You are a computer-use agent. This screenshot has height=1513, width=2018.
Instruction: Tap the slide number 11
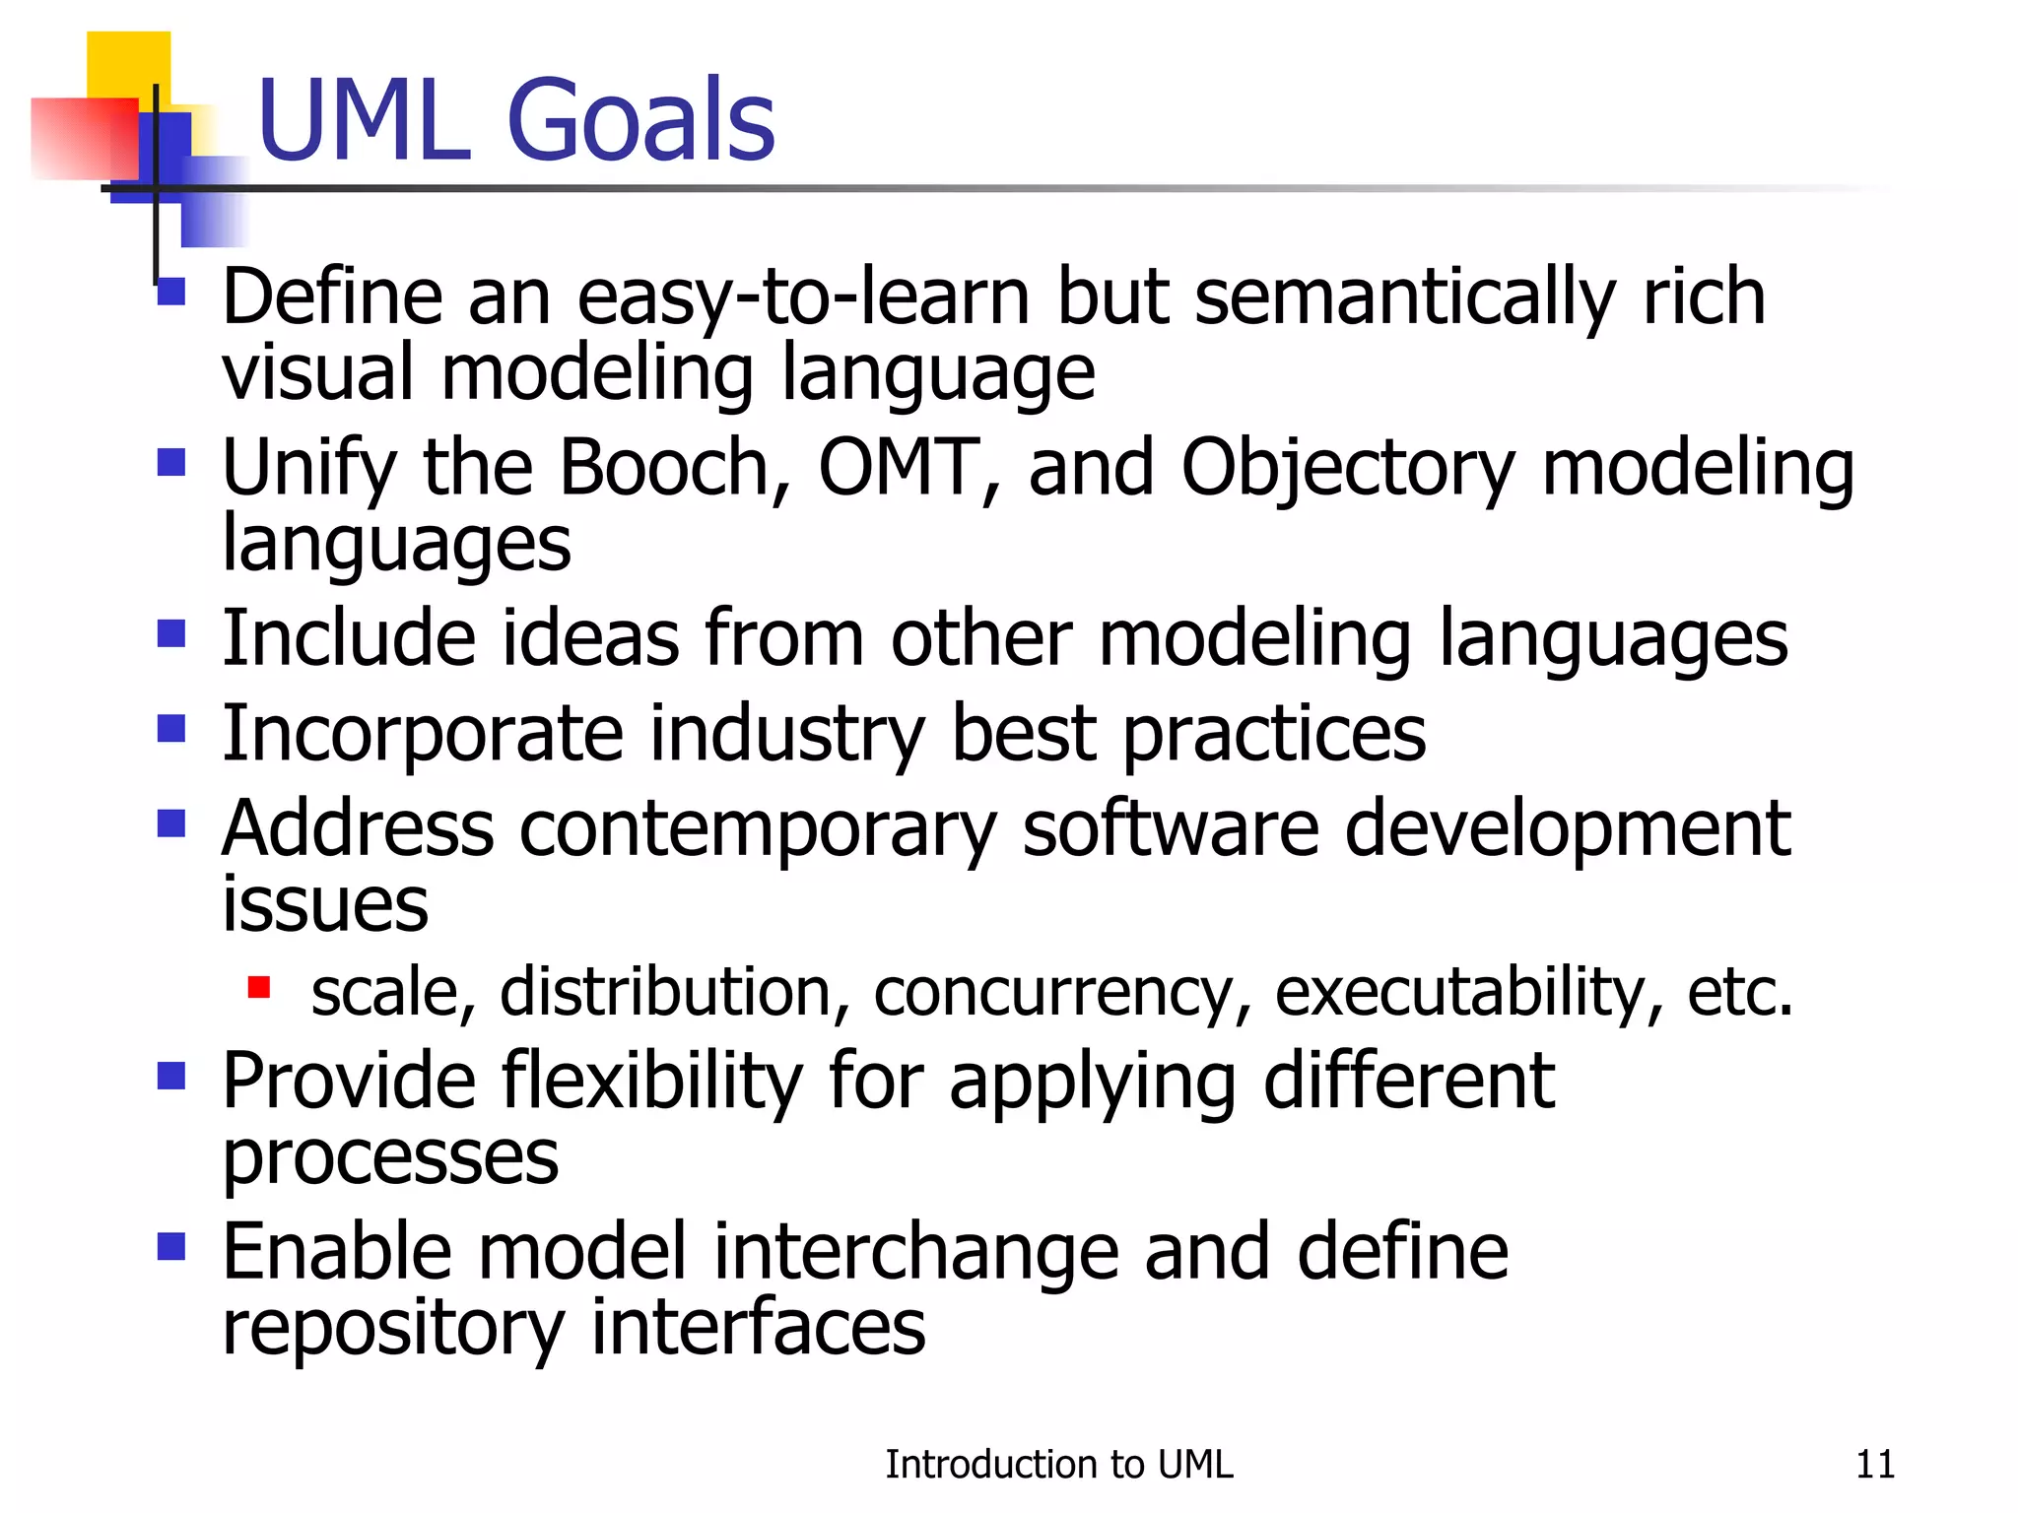tap(1874, 1465)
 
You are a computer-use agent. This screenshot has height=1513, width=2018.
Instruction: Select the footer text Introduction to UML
tap(1058, 1465)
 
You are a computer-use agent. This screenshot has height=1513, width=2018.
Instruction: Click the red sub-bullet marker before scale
tap(259, 987)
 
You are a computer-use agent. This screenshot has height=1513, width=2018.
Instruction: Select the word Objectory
tap(1346, 469)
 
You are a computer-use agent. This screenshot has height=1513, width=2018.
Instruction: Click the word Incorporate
tap(422, 735)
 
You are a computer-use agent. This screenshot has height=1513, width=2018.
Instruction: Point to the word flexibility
tap(652, 1082)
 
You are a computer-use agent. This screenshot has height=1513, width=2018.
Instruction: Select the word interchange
tap(916, 1252)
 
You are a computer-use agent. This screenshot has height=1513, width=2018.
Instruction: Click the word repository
tap(392, 1329)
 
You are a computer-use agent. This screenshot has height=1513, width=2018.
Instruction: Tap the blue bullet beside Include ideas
tap(171, 633)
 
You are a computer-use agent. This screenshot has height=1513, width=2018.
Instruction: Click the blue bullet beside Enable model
tap(171, 1247)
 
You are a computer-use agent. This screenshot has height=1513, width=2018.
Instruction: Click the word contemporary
tap(757, 829)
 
